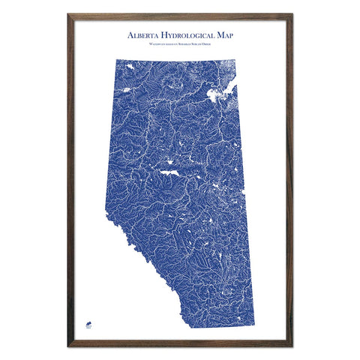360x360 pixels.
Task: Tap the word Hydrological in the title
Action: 191,35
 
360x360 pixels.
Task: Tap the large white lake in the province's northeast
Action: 220,95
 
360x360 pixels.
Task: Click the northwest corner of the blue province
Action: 118,58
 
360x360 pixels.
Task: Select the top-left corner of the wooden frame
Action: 68,14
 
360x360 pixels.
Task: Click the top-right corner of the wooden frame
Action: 292,14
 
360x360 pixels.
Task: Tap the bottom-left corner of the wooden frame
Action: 68,346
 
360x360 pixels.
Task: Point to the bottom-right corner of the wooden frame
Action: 292,346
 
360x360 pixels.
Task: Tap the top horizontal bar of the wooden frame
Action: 180,15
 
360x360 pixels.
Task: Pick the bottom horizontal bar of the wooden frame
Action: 180,345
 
